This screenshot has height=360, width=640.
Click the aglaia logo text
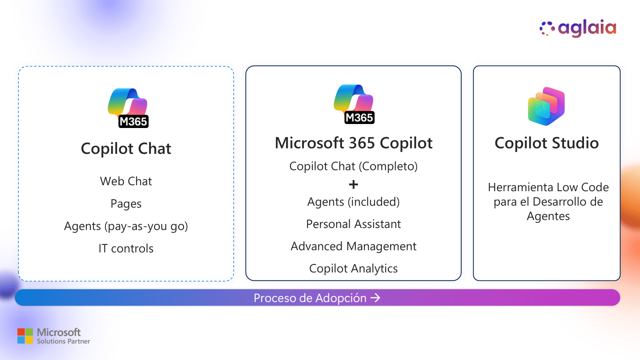587,28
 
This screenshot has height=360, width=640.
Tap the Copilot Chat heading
126,149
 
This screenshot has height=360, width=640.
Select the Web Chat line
126,181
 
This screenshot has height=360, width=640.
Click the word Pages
126,204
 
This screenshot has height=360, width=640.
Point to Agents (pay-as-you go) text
126,226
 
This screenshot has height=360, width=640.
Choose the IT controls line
126,248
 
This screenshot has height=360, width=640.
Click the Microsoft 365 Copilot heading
354,143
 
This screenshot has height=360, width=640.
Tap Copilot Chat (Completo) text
354,166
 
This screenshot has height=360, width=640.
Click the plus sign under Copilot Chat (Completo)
354,184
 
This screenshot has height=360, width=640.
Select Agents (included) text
354,202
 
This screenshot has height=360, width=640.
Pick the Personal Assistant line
354,224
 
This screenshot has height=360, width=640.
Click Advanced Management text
354,246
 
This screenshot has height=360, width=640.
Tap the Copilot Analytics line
354,268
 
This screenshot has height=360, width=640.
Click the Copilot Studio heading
546,143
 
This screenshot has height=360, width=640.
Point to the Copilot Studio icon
546,106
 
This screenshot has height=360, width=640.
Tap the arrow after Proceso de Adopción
375,298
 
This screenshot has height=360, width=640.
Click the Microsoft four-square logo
25,336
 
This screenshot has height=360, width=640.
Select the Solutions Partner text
63,342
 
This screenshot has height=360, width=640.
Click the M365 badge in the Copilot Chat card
134,122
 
